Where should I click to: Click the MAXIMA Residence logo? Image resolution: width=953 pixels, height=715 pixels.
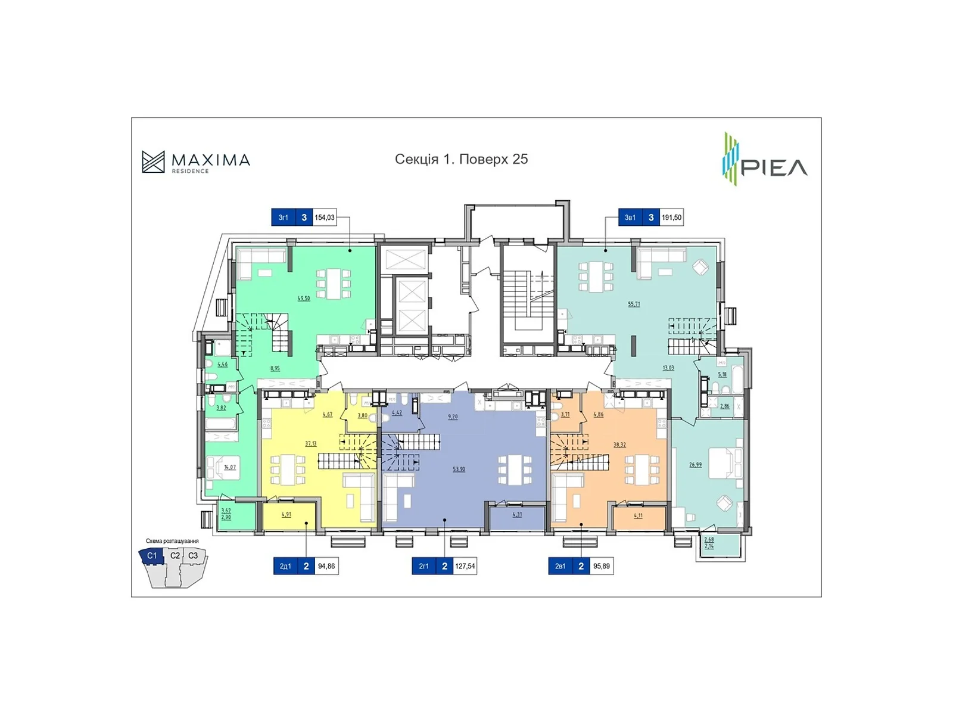196,161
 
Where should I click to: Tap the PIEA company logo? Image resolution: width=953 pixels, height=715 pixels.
765,160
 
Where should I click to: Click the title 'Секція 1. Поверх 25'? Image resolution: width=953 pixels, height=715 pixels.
461,159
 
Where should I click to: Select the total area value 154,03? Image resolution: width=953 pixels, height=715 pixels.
325,217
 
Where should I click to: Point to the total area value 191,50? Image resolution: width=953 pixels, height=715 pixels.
671,217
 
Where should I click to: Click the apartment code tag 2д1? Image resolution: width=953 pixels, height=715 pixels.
285,566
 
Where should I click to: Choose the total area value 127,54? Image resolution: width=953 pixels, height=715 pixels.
465,566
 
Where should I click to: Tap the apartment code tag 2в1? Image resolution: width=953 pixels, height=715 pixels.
560,566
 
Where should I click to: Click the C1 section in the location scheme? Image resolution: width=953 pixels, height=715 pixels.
151,555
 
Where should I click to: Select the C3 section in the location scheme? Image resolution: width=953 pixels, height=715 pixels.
193,555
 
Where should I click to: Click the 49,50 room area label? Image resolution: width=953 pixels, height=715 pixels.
304,298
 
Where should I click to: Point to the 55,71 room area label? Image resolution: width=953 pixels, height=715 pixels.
634,304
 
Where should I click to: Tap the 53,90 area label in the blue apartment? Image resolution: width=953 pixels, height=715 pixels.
459,469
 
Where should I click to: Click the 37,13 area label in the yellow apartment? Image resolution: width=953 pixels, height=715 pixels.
311,443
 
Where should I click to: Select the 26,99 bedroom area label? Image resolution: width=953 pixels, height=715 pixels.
695,465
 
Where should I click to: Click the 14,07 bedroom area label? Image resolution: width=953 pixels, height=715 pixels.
230,467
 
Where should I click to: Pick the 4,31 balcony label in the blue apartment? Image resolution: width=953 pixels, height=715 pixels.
517,514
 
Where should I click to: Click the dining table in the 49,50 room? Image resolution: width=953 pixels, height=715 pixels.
334,284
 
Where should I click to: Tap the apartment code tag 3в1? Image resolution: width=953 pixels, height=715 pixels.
630,217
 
